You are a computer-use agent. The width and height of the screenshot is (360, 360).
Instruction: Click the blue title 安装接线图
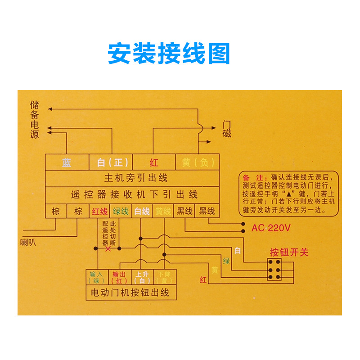tap(169, 54)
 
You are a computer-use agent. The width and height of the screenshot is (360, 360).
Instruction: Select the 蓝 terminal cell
tap(67, 162)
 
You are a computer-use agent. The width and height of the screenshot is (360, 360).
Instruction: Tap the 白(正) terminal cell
tap(109, 162)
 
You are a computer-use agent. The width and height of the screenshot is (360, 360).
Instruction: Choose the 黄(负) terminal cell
tap(198, 162)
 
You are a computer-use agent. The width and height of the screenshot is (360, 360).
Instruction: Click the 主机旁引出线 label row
tap(135, 178)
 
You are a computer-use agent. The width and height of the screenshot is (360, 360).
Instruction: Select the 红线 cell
tap(99, 211)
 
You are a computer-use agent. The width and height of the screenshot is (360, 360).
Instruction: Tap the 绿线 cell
tap(121, 211)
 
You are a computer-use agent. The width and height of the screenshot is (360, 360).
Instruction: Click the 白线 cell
tap(142, 211)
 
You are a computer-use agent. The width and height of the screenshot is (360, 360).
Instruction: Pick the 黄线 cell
tap(163, 211)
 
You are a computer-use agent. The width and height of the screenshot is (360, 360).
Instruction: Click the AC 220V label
tap(271, 228)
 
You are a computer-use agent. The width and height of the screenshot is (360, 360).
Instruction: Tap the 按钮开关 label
tap(289, 252)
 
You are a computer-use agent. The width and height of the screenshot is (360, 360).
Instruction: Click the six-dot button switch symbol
tap(274, 270)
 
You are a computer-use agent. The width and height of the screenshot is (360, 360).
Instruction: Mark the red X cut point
tap(108, 248)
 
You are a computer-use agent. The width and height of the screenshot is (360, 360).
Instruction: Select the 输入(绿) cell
tap(97, 277)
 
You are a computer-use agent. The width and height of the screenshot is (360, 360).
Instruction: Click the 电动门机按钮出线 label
tap(130, 292)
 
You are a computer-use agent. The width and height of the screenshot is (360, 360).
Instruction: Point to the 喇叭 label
tap(28, 243)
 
